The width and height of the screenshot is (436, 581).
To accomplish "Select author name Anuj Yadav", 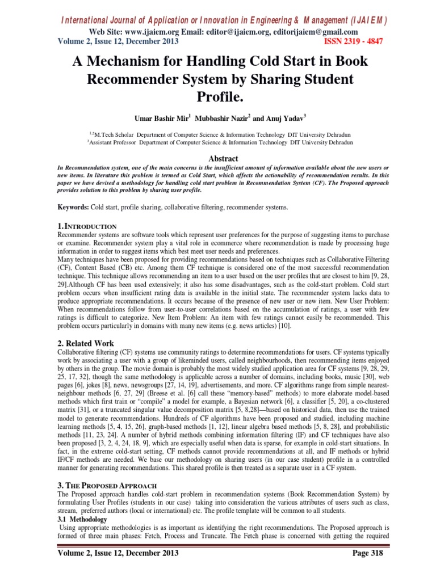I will click(x=286, y=118).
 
